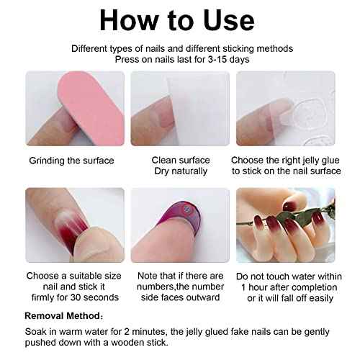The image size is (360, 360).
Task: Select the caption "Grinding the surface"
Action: [71, 160]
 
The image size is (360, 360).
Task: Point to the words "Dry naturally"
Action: [181, 171]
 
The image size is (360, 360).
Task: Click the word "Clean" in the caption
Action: [165, 160]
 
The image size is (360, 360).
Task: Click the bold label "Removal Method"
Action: [63, 315]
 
